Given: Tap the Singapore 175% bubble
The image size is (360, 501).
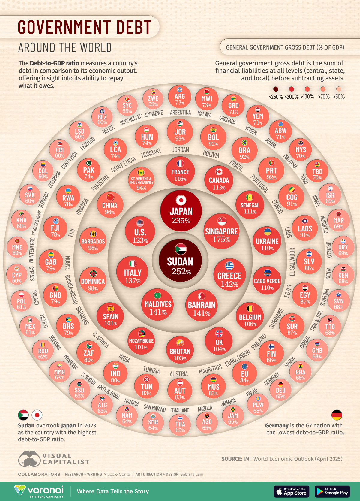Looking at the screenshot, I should (221, 231).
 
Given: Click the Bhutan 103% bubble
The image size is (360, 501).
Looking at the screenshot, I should (180, 350).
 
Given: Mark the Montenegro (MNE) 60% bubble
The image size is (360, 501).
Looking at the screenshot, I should (17, 247).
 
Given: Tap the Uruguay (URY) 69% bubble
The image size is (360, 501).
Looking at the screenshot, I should (343, 247).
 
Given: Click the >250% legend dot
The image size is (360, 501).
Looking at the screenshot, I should (276, 89).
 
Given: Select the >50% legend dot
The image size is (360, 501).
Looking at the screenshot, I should (339, 89).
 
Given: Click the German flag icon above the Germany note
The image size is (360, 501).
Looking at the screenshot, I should (337, 415).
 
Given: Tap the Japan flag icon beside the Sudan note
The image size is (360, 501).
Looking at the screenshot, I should (37, 415).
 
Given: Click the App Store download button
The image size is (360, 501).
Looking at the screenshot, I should (291, 491).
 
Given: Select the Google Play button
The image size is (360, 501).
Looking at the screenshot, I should (332, 491).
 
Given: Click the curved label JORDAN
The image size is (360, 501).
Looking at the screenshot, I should (180, 149).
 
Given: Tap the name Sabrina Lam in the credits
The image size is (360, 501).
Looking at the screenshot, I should (192, 474).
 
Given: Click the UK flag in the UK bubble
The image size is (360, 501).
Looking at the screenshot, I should (219, 333).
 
